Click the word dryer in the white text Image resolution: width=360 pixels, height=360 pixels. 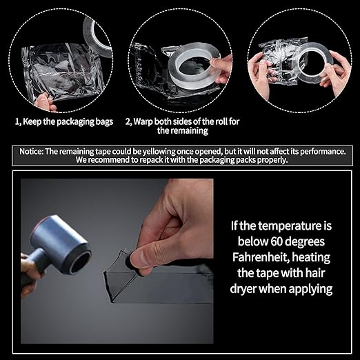pos(249,288)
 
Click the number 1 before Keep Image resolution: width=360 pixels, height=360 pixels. pos(17,121)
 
